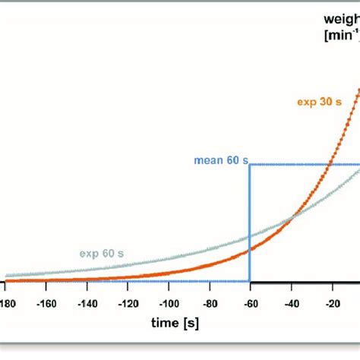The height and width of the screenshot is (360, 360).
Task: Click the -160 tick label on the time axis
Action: pos(46,302)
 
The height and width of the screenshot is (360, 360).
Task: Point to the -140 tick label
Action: pos(87,302)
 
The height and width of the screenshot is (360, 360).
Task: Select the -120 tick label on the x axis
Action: pos(128,302)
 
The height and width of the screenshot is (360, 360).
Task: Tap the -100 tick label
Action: pos(169,302)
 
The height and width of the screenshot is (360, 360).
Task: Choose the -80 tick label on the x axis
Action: pos(209,302)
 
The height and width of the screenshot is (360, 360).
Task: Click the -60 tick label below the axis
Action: pos(249,302)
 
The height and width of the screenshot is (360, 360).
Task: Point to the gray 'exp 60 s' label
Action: pos(103,254)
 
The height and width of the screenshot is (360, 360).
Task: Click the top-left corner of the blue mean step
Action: pos(250,164)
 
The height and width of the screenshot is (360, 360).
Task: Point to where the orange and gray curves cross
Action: pos(293,219)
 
